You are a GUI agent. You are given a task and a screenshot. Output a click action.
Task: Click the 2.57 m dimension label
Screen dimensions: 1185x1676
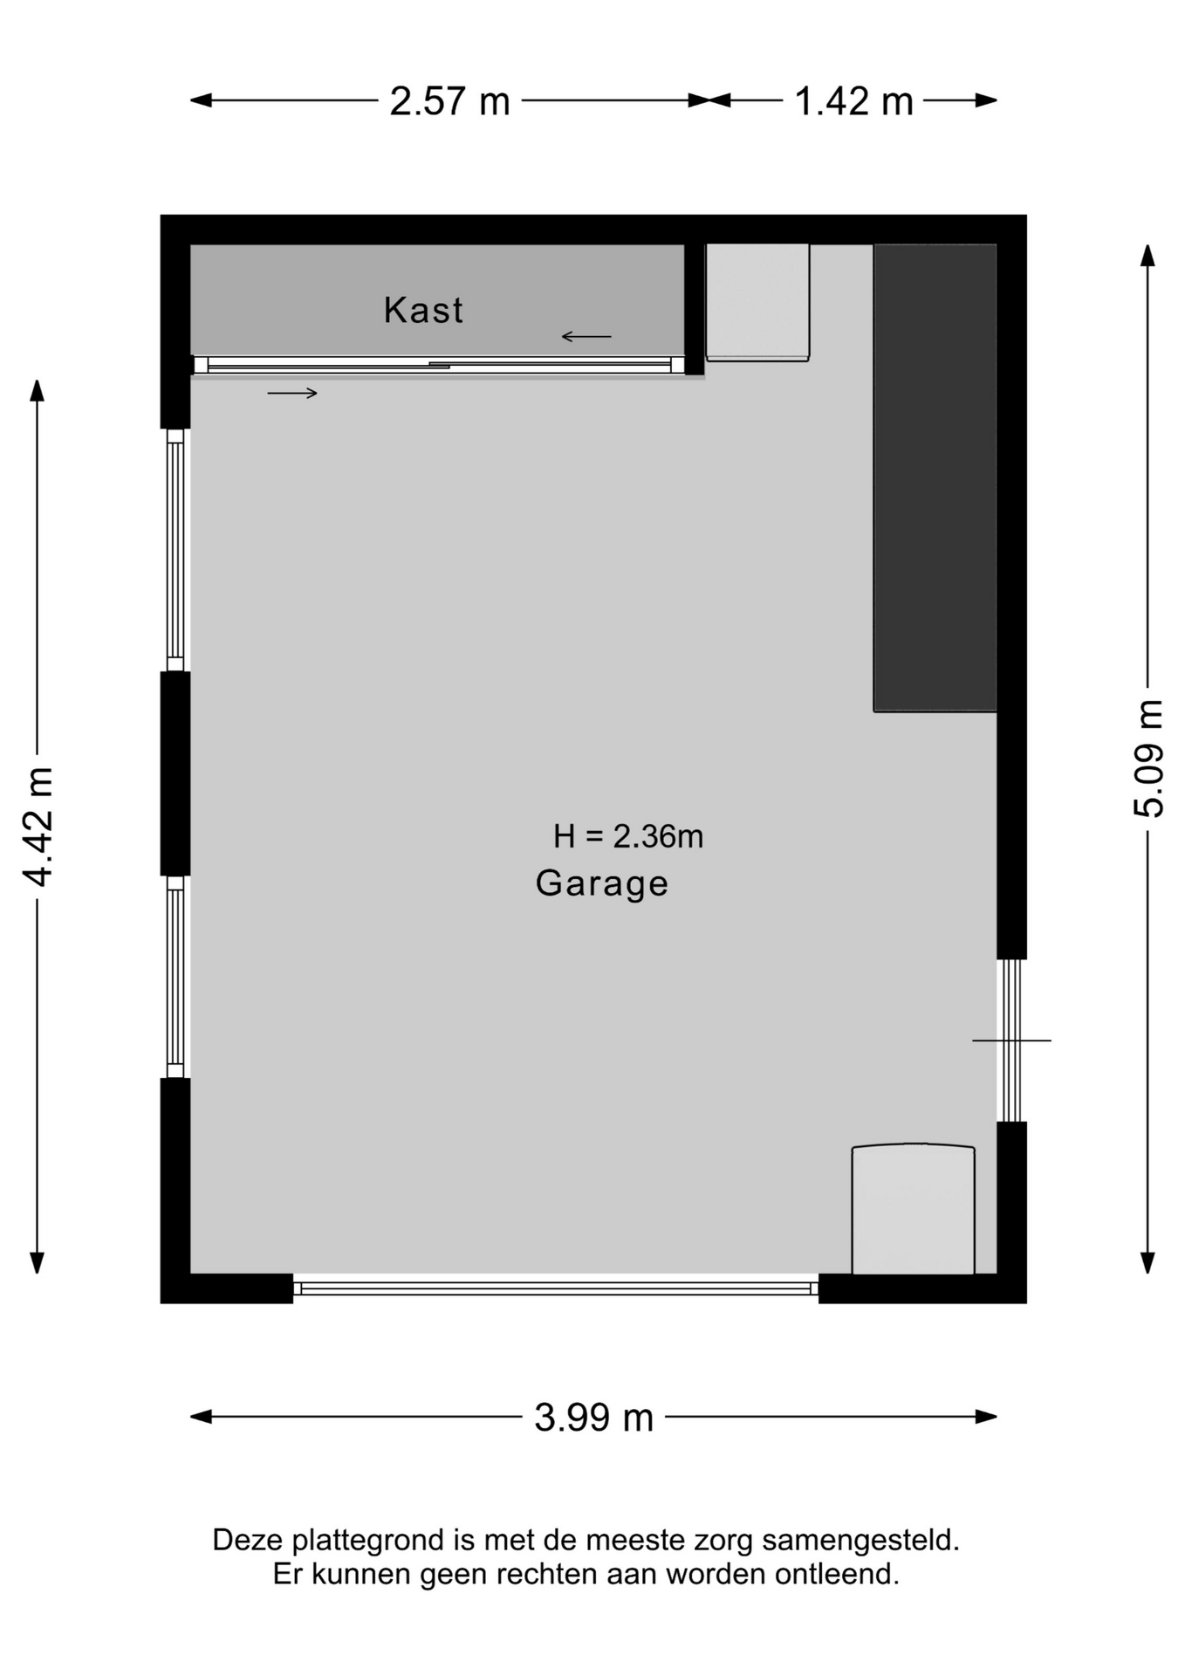[x=449, y=101]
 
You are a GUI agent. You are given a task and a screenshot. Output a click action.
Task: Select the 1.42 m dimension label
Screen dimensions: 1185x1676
[x=853, y=101]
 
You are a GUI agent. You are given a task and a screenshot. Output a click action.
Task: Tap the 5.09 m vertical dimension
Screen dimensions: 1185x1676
[x=1148, y=759]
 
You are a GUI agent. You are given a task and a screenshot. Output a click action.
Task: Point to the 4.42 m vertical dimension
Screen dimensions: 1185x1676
[x=38, y=827]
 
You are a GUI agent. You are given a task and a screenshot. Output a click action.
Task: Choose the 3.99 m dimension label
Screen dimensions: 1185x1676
[x=593, y=1417]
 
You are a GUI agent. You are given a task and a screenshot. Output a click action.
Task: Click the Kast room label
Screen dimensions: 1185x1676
[x=423, y=311]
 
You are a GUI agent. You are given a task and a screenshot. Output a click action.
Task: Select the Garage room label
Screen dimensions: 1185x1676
[x=602, y=883]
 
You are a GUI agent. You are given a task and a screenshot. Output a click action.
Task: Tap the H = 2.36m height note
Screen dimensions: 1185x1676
[x=628, y=836]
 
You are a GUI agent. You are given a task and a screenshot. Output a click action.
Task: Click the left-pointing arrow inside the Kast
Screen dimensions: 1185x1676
[x=586, y=336]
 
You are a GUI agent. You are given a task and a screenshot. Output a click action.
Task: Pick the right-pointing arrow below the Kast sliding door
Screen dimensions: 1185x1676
[x=292, y=394]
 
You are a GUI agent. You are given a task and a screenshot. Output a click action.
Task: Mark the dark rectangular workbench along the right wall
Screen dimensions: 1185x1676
[x=935, y=477]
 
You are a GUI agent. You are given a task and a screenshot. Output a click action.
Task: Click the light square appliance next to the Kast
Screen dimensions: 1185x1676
[x=757, y=302]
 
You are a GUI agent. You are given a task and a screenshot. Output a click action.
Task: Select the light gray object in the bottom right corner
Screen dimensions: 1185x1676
[x=913, y=1209]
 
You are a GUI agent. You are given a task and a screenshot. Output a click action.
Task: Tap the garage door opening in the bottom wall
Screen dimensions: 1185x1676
[x=556, y=1288]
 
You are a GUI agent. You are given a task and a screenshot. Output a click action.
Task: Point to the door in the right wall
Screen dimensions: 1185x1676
[x=1011, y=1041]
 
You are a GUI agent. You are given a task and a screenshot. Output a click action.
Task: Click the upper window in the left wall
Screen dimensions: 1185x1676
[x=175, y=550]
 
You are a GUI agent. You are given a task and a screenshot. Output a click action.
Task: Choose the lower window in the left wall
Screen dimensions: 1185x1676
[x=175, y=977]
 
